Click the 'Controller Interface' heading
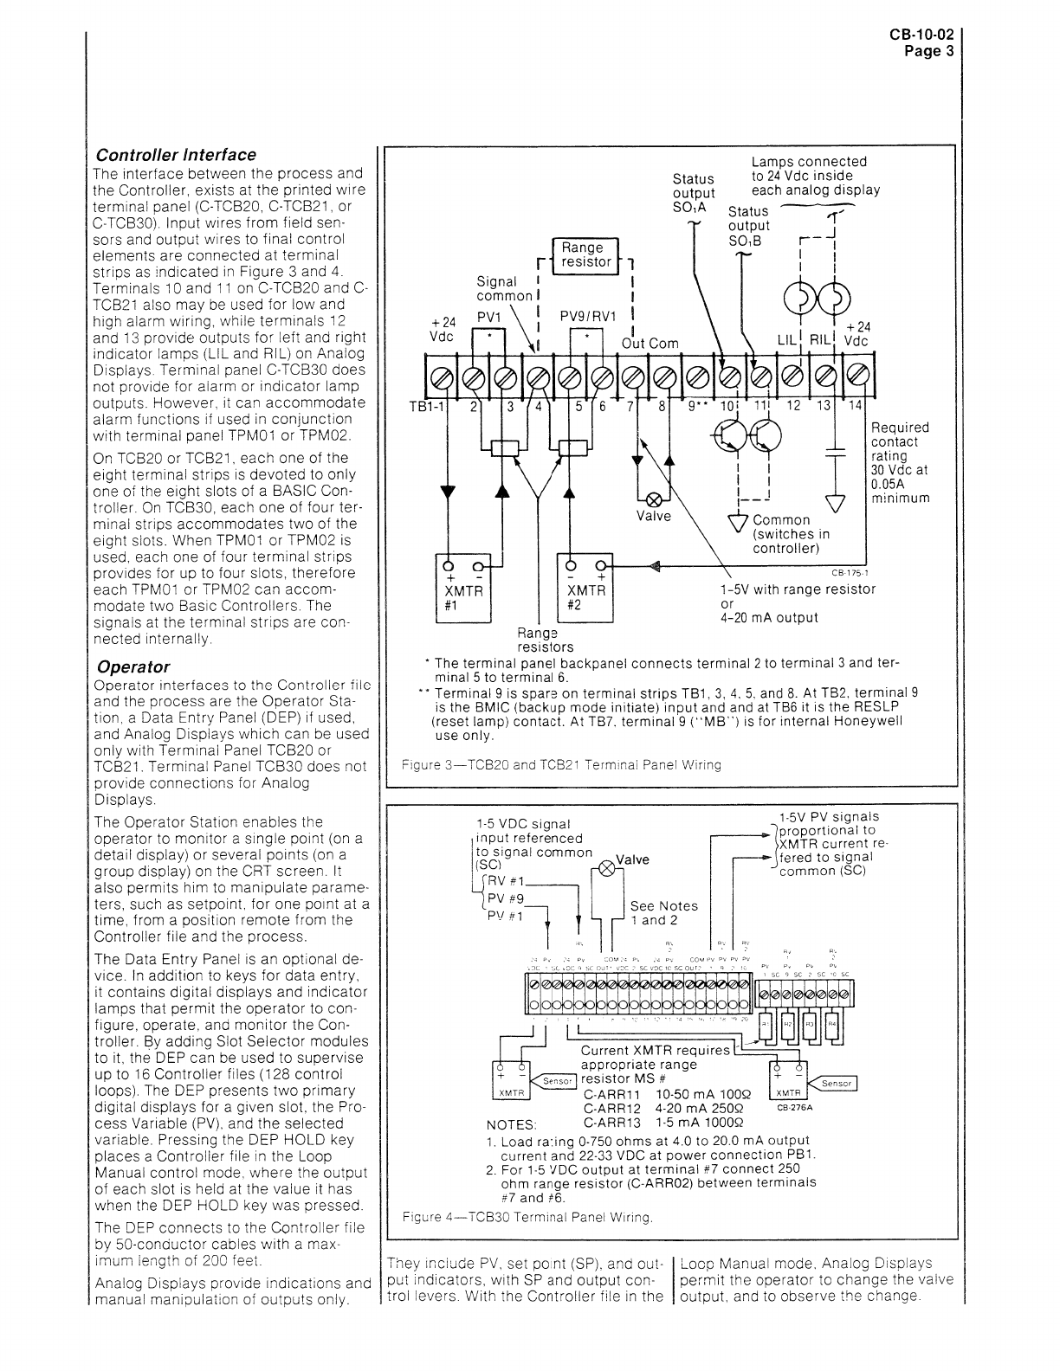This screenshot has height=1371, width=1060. [176, 155]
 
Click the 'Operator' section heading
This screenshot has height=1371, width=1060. [133, 666]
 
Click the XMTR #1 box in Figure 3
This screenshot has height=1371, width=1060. [462, 589]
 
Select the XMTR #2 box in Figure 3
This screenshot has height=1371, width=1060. [585, 589]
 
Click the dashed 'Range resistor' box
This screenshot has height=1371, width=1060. [586, 254]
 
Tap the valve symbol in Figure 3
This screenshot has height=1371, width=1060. [656, 500]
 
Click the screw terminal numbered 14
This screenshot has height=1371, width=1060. [857, 377]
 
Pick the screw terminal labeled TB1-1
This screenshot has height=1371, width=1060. [442, 377]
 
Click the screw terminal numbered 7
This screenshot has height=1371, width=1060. [634, 377]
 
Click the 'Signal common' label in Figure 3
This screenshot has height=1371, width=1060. [504, 288]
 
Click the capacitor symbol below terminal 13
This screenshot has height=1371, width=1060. [836, 451]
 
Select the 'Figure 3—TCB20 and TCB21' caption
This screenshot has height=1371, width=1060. [562, 765]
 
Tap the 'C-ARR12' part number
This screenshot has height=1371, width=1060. [612, 1108]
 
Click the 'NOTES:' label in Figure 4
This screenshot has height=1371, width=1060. [512, 1124]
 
